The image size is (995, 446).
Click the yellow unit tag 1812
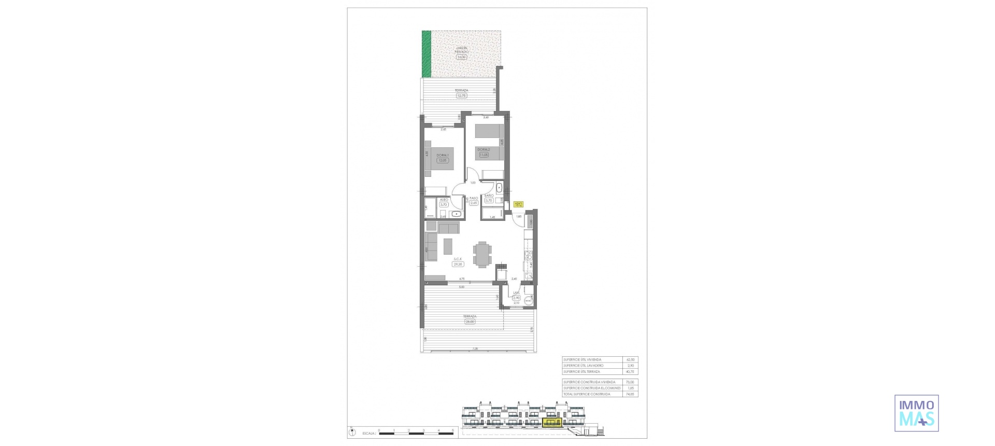point(518,204)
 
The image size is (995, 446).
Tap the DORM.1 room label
point(442,155)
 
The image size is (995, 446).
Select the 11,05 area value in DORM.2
point(484,155)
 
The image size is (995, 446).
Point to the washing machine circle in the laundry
point(529,300)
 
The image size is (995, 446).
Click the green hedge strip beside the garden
point(426,54)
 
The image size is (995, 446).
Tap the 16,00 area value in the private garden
point(461,57)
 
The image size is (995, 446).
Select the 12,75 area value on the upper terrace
point(461,95)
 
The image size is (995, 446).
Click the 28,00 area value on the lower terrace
point(470,322)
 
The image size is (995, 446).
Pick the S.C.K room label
point(458,259)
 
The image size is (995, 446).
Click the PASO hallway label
point(474,198)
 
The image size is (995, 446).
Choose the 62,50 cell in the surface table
point(630,359)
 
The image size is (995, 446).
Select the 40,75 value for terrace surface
point(630,372)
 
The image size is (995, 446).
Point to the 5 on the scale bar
point(452,430)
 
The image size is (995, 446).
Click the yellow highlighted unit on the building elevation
point(552,423)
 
